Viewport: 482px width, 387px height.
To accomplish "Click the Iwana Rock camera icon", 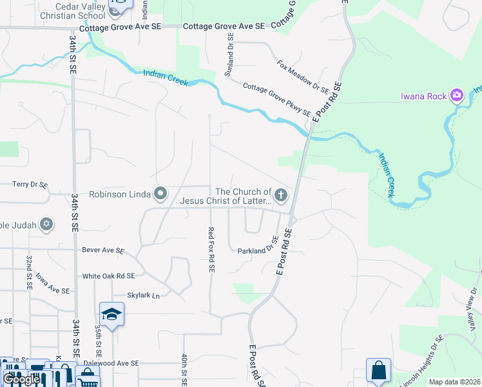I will point(457,96).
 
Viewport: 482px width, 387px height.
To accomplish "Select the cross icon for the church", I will point(280,194).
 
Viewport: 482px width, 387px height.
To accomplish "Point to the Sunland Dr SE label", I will point(229,55).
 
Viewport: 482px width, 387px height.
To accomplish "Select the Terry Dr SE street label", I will point(30,184).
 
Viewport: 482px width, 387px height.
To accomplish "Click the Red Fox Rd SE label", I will point(211,249).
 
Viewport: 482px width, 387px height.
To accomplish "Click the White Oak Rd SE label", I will point(108,275).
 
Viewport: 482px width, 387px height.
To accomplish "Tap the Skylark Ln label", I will point(144,295).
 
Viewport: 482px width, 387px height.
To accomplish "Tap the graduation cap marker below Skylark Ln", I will point(111,314).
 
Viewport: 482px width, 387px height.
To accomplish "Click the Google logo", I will point(21,379).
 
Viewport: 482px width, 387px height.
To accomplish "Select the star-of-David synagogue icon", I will point(46,224).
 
